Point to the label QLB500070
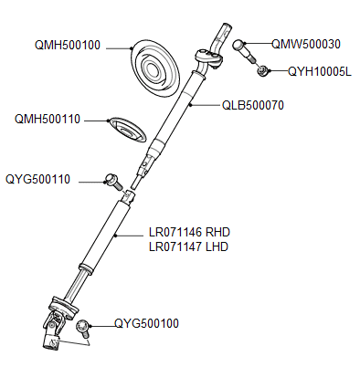(x=253, y=106)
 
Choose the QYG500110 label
(x=38, y=180)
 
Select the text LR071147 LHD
(x=188, y=247)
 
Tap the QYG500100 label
(x=147, y=323)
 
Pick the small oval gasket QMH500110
(x=127, y=129)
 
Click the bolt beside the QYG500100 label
(x=85, y=326)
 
